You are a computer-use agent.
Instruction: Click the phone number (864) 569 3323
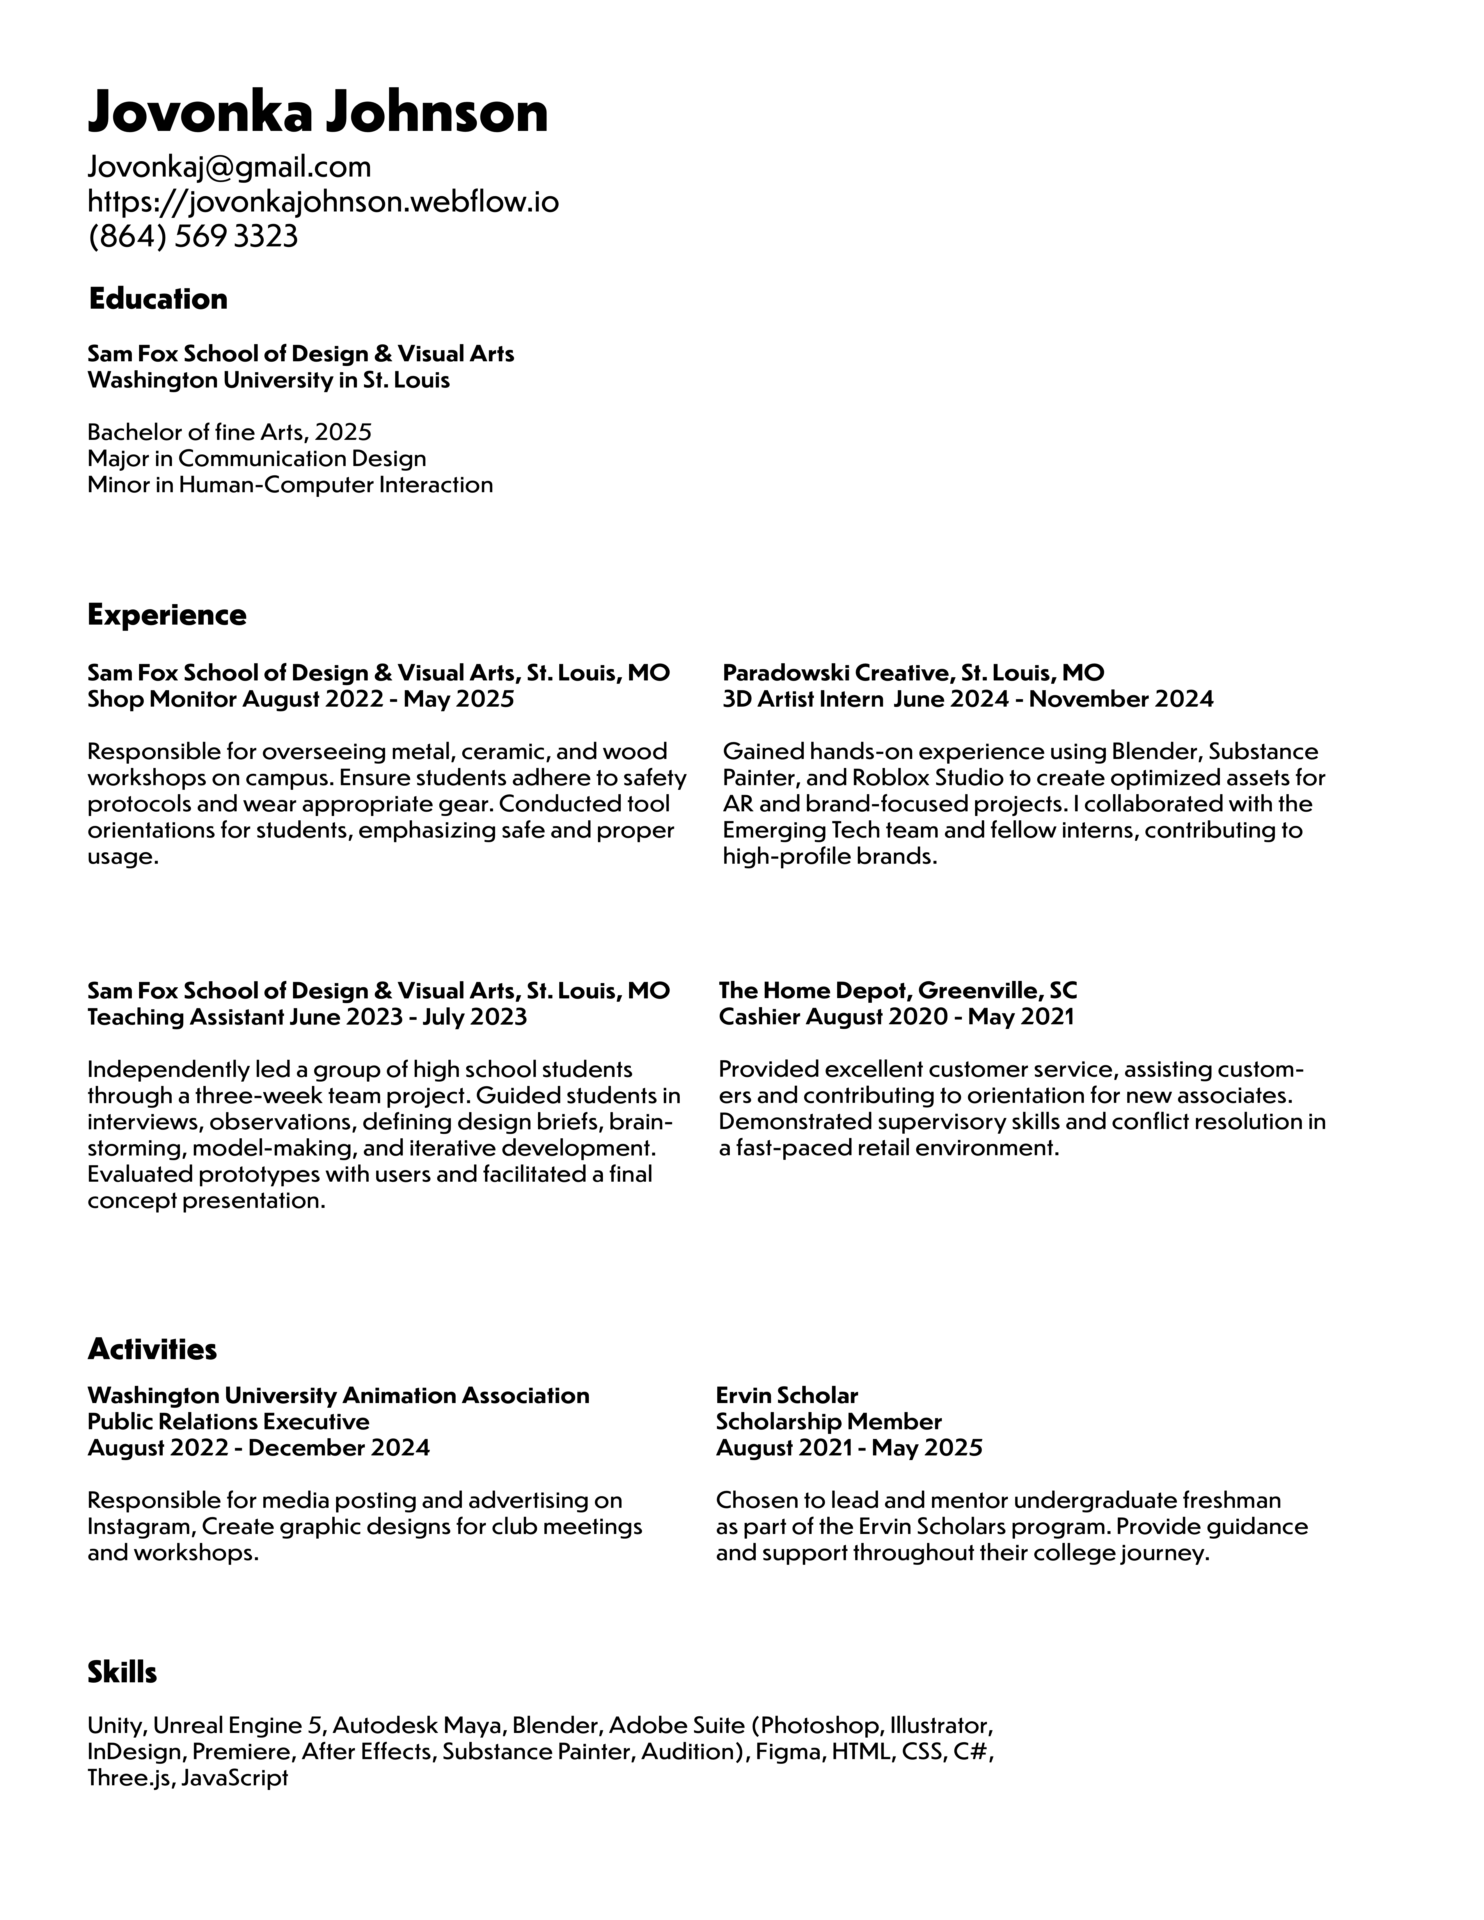(193, 237)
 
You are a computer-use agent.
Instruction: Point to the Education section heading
(158, 299)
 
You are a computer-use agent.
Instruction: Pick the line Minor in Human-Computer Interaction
(290, 484)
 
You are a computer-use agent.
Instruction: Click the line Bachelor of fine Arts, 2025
(230, 432)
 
